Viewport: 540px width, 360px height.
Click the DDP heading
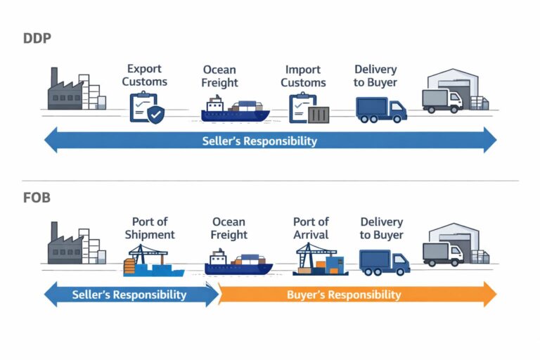click(37, 38)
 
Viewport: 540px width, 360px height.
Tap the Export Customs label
click(144, 75)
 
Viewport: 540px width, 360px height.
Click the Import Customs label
click(303, 76)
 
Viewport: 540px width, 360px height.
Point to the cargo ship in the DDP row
click(236, 110)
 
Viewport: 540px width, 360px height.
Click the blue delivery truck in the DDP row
click(381, 108)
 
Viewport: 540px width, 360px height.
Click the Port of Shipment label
click(149, 229)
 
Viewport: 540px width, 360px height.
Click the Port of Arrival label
click(311, 229)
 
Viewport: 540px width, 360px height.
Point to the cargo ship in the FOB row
click(238, 263)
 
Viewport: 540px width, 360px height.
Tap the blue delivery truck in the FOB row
click(384, 262)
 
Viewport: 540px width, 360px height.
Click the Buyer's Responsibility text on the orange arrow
click(344, 295)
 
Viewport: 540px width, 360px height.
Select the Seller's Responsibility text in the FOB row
click(129, 295)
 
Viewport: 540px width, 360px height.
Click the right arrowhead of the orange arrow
click(489, 294)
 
